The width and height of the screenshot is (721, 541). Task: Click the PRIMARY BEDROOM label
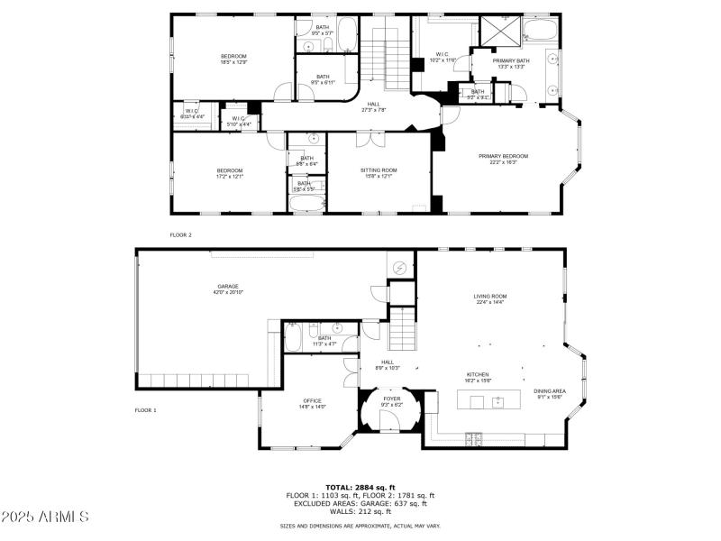[503, 156]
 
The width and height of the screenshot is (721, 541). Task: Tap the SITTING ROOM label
[379, 170]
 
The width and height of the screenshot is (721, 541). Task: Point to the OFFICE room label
[313, 401]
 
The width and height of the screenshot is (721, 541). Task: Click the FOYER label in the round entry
[391, 399]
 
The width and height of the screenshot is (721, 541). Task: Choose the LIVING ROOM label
[490, 296]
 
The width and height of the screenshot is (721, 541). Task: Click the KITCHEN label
[477, 374]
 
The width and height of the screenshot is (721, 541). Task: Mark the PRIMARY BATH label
[511, 60]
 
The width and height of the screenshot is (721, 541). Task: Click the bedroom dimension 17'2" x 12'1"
[230, 177]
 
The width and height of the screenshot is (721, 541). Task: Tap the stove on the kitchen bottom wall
[473, 439]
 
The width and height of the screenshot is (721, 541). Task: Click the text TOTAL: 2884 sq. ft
[360, 487]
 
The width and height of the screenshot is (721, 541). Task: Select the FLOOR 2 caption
[181, 234]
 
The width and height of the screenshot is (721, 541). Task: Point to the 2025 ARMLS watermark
[45, 517]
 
